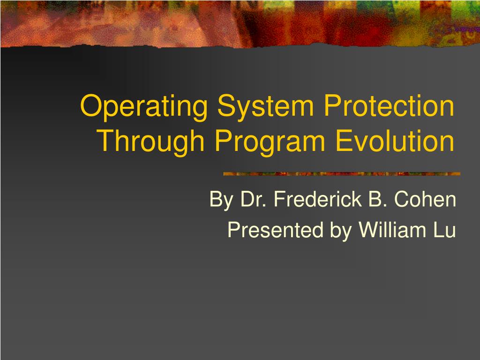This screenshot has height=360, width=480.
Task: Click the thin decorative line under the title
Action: coord(342,174)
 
